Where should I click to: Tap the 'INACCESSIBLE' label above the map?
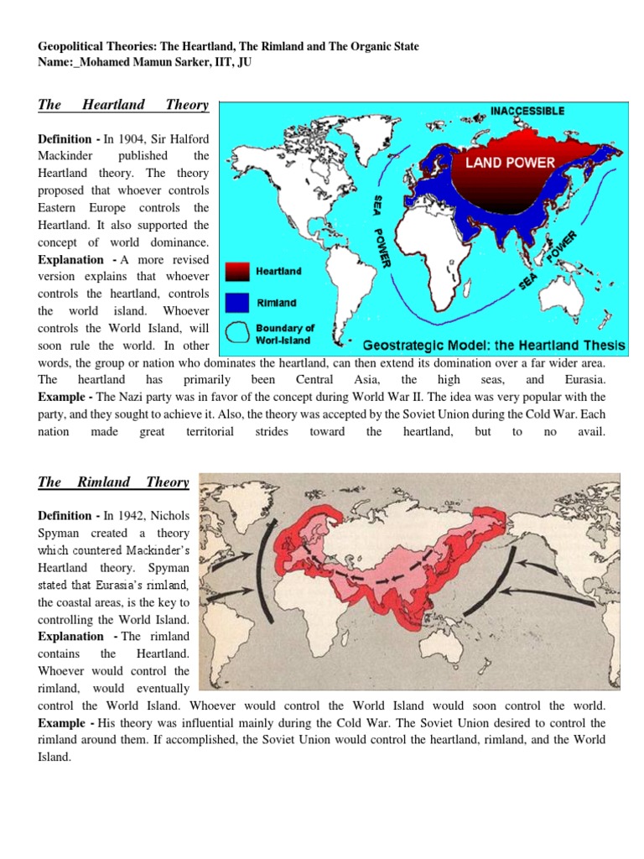527,111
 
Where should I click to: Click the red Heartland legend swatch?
239,271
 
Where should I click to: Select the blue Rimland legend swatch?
239,302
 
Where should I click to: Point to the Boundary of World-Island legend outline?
239,333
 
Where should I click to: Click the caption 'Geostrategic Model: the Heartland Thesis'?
494,345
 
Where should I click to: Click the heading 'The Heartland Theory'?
123,105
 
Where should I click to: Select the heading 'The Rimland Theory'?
113,482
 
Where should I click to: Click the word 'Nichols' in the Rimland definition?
167,516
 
